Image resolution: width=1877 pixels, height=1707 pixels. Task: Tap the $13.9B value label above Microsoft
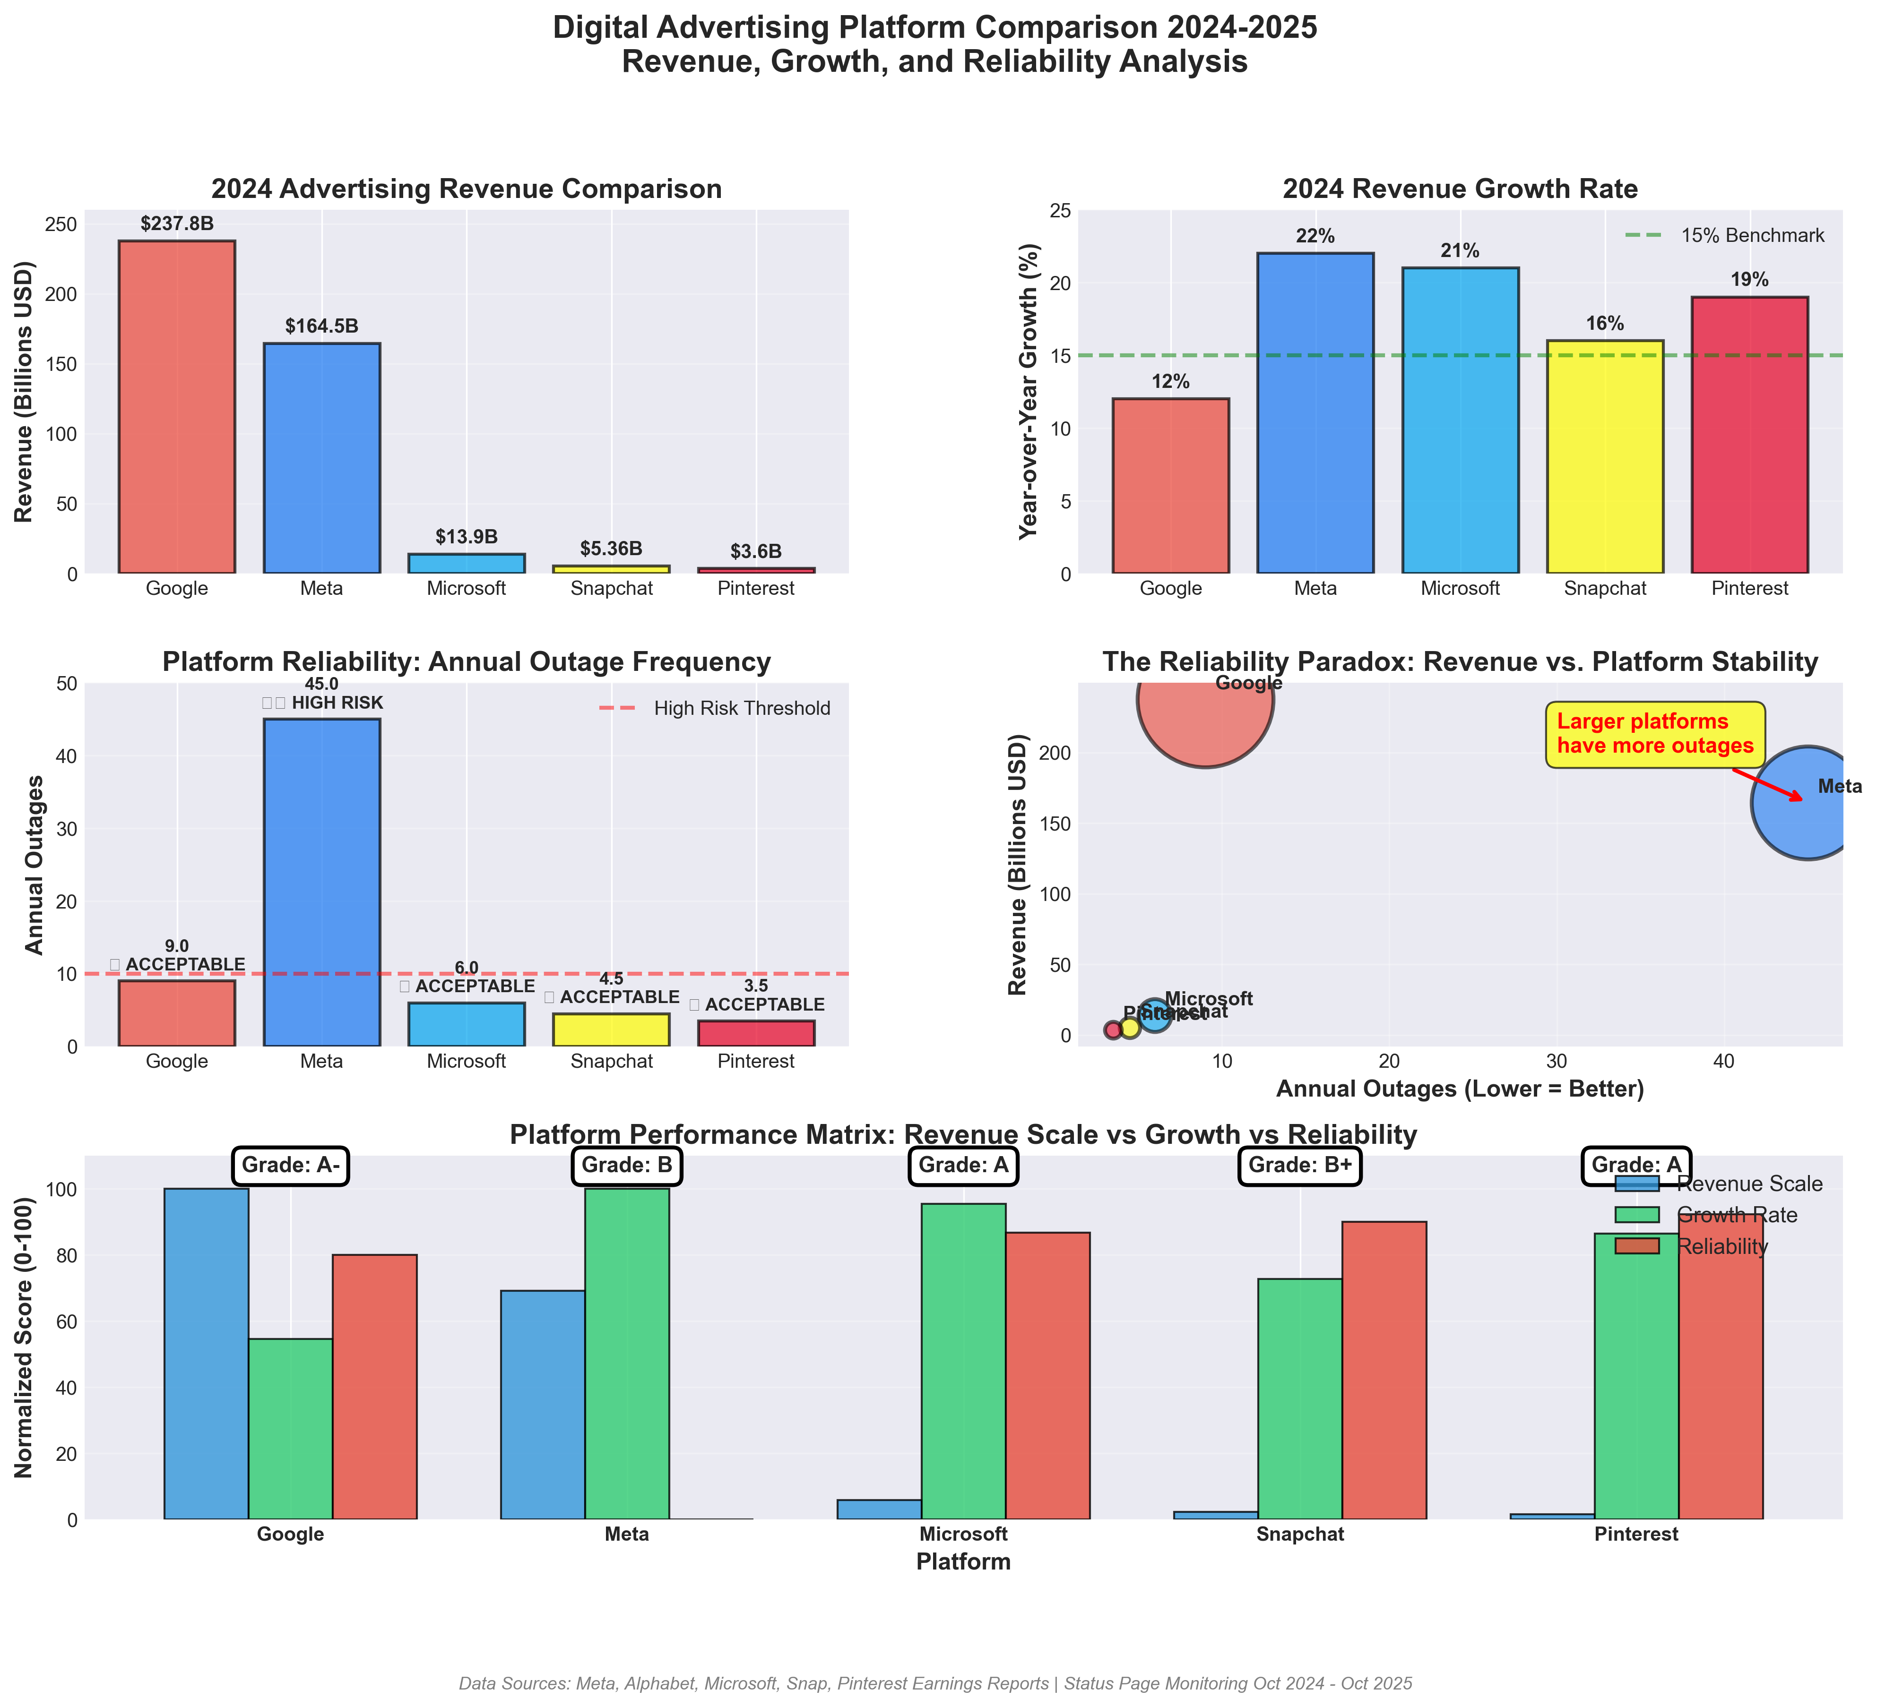(x=467, y=537)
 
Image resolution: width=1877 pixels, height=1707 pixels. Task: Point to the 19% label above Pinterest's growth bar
(x=1749, y=280)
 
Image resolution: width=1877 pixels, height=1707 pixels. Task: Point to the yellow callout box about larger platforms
(x=1654, y=734)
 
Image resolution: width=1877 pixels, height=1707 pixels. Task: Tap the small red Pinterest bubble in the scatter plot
(x=1113, y=1029)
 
